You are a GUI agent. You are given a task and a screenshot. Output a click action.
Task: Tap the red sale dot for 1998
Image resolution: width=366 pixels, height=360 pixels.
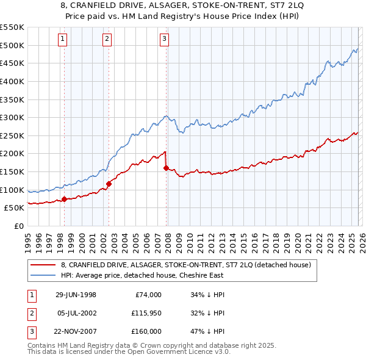(64, 199)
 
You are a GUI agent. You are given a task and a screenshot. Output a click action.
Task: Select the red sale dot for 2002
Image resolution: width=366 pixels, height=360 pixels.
(109, 184)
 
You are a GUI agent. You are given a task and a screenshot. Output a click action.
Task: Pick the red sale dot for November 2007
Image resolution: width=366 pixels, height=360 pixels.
(166, 167)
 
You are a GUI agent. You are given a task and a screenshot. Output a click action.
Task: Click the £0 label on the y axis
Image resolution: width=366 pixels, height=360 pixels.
(18, 226)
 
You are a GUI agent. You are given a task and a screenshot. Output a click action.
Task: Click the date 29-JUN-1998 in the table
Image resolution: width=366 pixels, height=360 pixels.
(76, 295)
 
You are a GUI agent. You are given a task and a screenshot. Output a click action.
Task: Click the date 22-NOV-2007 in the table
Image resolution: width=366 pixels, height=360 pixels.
(76, 331)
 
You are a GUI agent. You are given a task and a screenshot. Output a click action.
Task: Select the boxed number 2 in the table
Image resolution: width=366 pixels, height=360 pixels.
(31, 313)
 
